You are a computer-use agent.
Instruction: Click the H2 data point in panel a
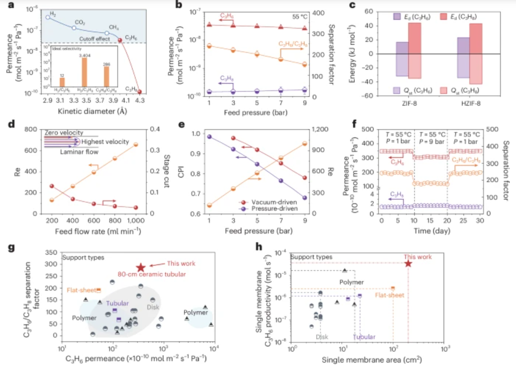pyautogui.click(x=47, y=17)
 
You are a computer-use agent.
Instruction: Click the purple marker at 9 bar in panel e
pyautogui.click(x=305, y=198)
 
